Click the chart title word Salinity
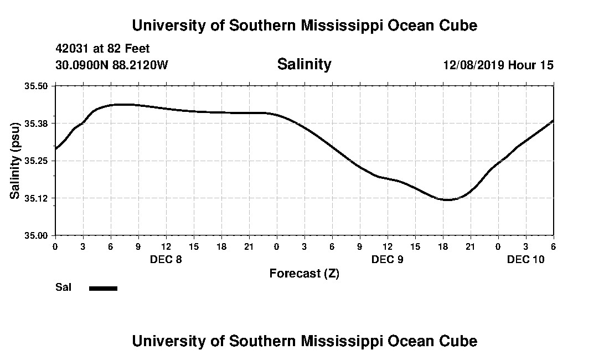point(304,64)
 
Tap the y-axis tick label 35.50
point(37,86)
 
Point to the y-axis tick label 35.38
point(37,124)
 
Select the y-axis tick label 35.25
point(37,161)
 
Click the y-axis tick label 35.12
point(37,198)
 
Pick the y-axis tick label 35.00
point(37,235)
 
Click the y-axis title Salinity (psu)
point(15,161)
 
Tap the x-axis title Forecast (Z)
point(304,274)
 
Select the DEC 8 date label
point(166,259)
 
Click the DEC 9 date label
point(388,259)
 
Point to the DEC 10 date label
point(526,259)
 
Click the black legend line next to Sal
point(103,288)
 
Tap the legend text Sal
point(63,287)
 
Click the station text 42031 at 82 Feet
point(102,49)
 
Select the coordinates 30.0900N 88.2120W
point(111,65)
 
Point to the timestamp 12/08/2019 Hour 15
point(498,65)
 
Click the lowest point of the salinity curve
point(446,199)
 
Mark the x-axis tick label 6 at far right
point(553,246)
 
